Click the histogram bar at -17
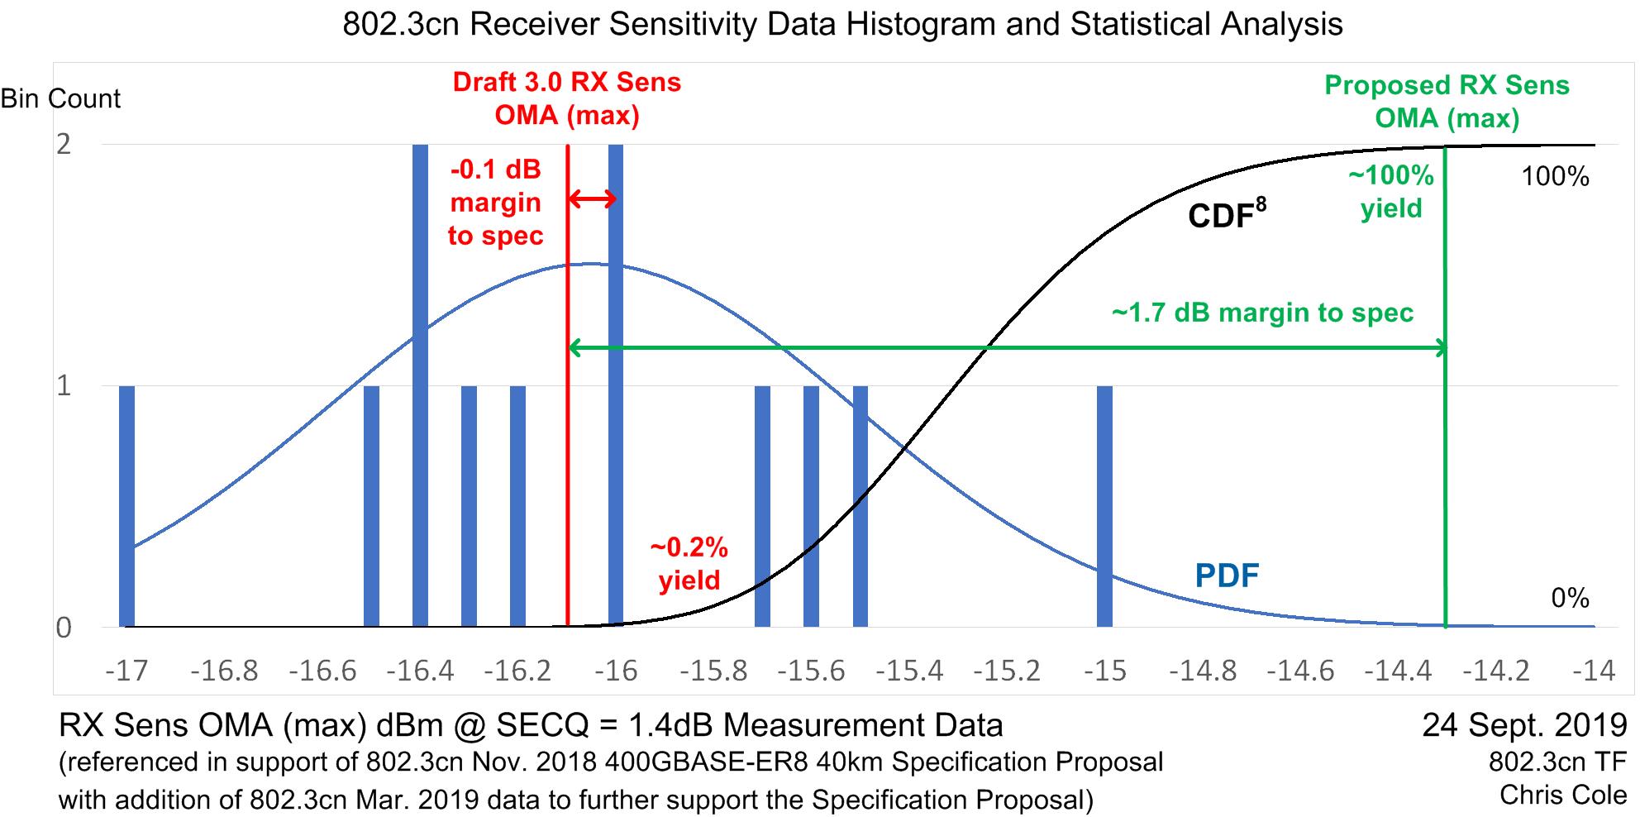coord(126,506)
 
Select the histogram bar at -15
coord(1104,506)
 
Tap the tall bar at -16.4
coord(420,385)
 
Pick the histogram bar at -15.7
coord(762,506)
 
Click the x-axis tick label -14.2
coord(1495,671)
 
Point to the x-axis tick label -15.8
coord(713,671)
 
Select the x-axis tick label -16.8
coord(224,671)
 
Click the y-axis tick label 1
coord(64,386)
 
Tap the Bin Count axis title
coord(60,98)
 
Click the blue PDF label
coord(1227,576)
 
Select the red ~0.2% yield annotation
coord(689,564)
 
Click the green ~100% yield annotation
coord(1391,192)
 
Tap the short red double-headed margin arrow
coord(593,199)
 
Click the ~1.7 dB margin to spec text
coord(1262,313)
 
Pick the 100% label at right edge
coord(1556,176)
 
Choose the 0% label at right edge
coord(1570,598)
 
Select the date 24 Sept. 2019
coord(1523,725)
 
